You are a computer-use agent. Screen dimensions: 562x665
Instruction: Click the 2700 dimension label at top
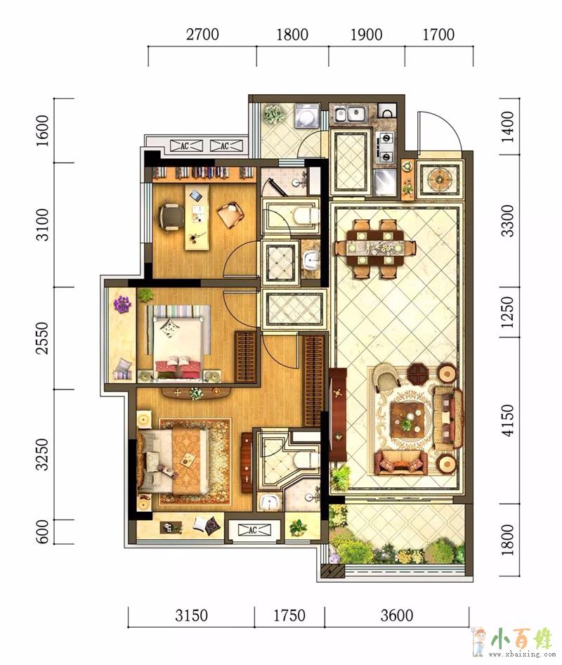(202, 34)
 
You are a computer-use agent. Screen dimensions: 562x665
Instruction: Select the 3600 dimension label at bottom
(397, 615)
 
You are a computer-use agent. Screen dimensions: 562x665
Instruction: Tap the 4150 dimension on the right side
(508, 420)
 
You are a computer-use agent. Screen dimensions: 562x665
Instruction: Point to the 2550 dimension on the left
(42, 338)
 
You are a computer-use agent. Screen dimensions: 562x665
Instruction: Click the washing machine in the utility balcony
(306, 115)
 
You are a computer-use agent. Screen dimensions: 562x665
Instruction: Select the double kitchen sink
(350, 114)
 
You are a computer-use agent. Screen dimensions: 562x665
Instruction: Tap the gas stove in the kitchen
(386, 147)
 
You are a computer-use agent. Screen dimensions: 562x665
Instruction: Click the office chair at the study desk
(169, 217)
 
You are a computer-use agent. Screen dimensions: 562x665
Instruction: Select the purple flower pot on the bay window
(122, 304)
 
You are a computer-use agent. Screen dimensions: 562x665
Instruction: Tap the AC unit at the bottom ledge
(253, 530)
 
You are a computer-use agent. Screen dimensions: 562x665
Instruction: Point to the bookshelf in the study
(204, 173)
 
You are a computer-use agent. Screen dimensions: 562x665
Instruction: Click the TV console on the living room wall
(338, 414)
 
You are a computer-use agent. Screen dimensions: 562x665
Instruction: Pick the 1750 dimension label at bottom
(289, 615)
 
